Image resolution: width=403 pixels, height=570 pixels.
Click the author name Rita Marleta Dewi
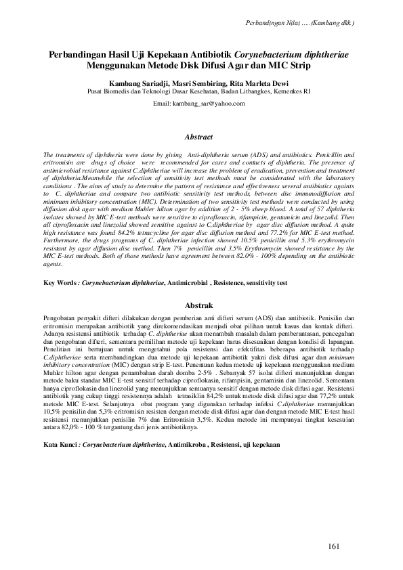pos(257,81)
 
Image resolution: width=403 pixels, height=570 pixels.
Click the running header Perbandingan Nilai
pos(274,22)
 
